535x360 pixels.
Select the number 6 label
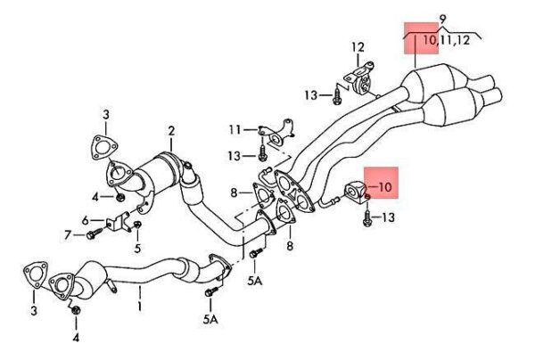point(86,219)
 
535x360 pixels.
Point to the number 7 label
point(67,235)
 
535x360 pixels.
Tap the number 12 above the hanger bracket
point(358,46)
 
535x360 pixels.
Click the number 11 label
point(234,130)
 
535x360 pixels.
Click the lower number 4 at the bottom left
point(76,338)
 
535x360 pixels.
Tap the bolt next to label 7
point(95,235)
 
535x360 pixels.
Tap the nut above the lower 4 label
point(76,311)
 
